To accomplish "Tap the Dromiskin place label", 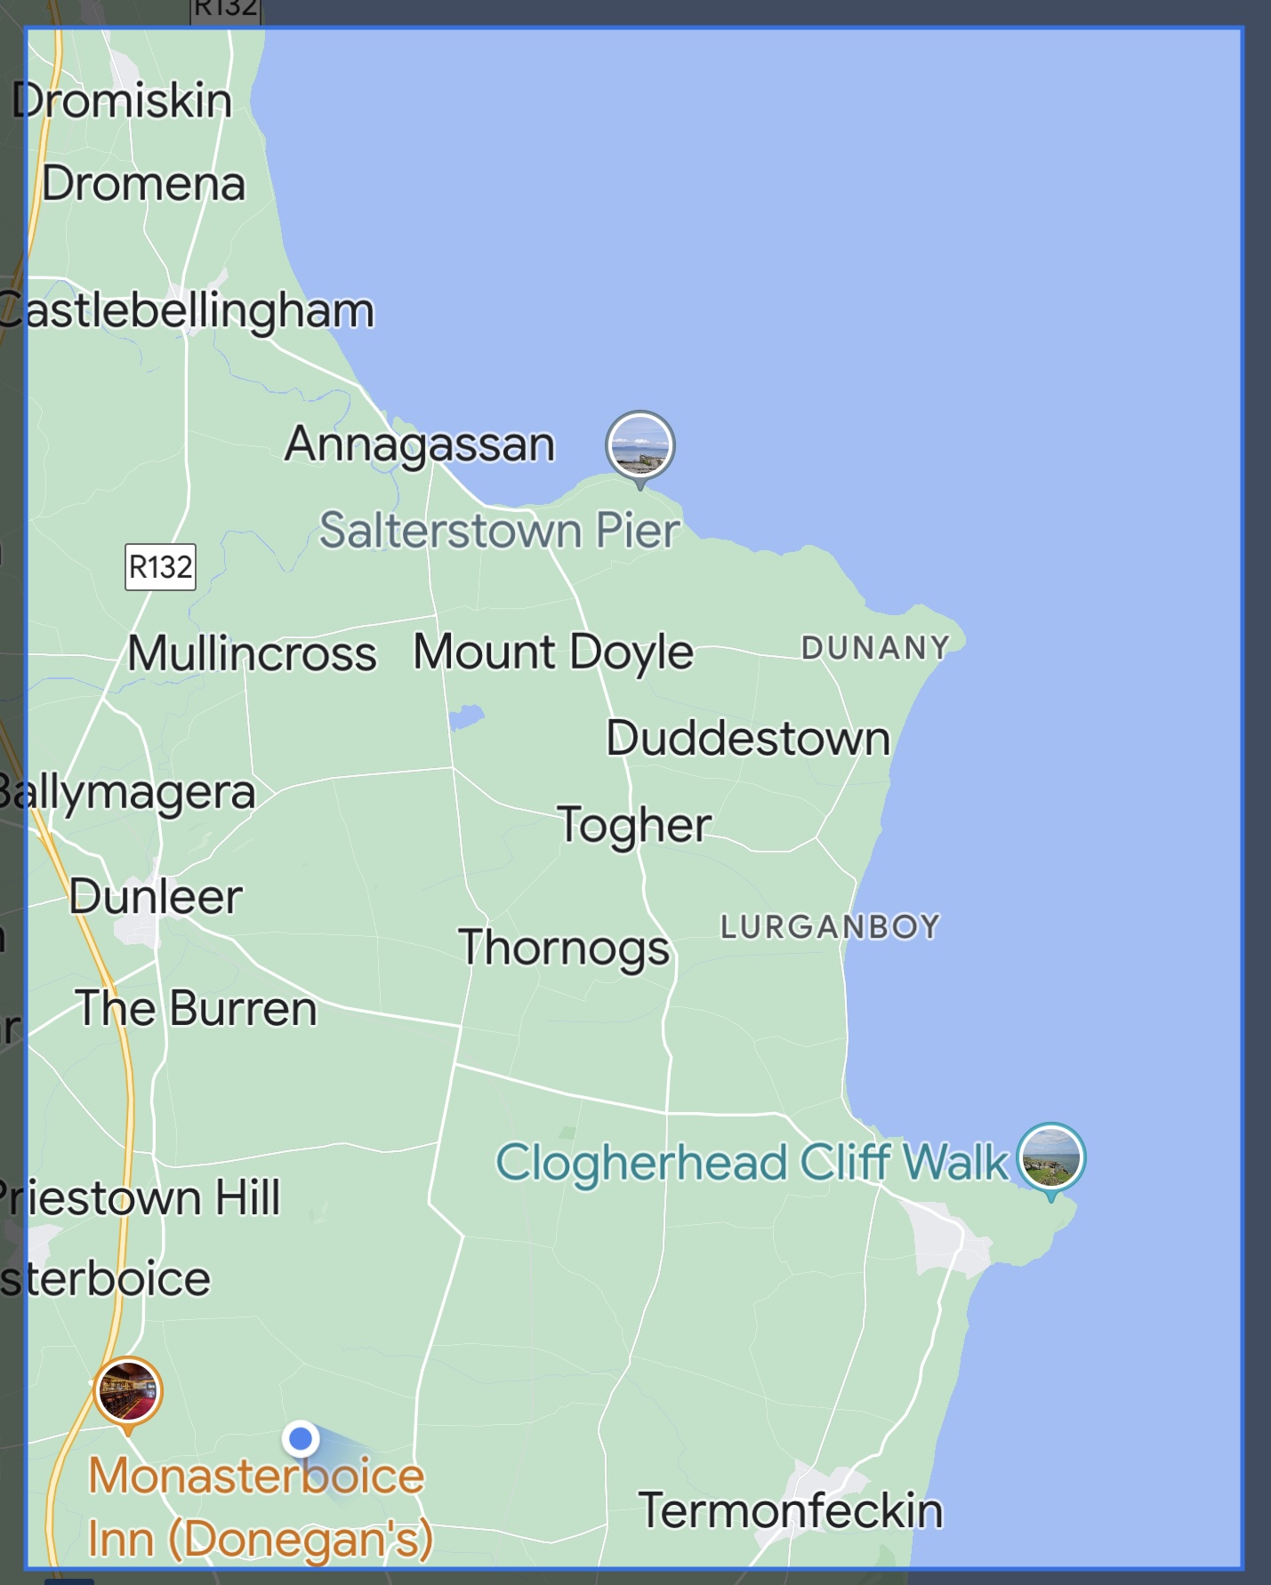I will [x=122, y=100].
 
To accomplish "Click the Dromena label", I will [x=143, y=184].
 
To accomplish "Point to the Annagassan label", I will [x=420, y=444].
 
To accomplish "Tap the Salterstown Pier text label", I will [x=500, y=531].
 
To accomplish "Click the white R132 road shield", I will [x=160, y=566].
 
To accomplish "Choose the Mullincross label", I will [x=252, y=653].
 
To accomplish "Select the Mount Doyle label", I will [x=553, y=652].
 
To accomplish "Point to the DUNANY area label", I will [x=875, y=648].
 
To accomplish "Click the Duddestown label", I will [x=748, y=738].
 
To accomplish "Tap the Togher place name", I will [x=634, y=825].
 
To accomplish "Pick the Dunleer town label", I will [x=156, y=896].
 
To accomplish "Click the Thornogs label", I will [x=564, y=948].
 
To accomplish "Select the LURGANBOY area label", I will [x=830, y=927].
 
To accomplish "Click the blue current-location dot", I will [x=302, y=1437].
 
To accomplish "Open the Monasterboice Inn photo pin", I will [x=128, y=1391].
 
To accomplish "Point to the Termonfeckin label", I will [x=791, y=1510].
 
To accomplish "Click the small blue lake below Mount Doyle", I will [x=466, y=716].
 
